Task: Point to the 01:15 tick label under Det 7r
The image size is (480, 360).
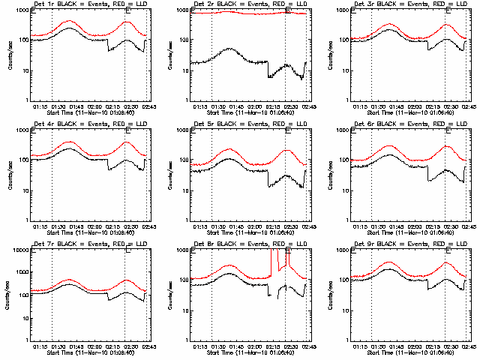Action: click(x=41, y=347)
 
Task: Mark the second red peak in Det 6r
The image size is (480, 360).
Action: click(x=445, y=146)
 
